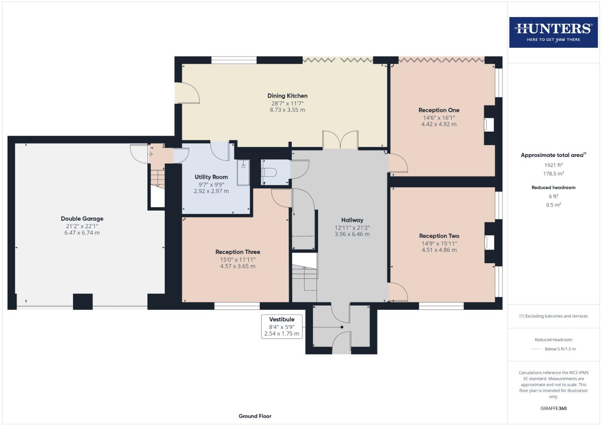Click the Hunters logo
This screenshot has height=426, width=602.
point(553,32)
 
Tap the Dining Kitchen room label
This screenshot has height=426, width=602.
point(287,96)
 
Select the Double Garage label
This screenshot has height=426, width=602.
point(82,219)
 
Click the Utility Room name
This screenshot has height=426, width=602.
point(211,177)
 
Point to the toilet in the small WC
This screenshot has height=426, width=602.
point(270,172)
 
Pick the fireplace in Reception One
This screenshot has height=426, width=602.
point(489,125)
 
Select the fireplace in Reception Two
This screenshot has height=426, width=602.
point(489,243)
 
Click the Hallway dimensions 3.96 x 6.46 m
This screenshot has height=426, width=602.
point(352,234)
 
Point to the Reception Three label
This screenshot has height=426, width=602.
point(238,252)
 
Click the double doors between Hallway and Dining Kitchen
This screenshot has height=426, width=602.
point(340,140)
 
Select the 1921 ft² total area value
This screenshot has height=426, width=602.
point(554,165)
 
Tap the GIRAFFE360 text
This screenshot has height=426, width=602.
point(553,408)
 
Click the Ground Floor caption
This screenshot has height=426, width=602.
point(255,416)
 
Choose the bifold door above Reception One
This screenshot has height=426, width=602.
point(441,60)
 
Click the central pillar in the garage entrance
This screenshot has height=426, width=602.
point(83,301)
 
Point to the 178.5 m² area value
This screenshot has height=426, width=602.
point(554,174)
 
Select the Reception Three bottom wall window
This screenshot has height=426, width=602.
point(237,306)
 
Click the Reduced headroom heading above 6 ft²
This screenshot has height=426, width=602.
point(554,188)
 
